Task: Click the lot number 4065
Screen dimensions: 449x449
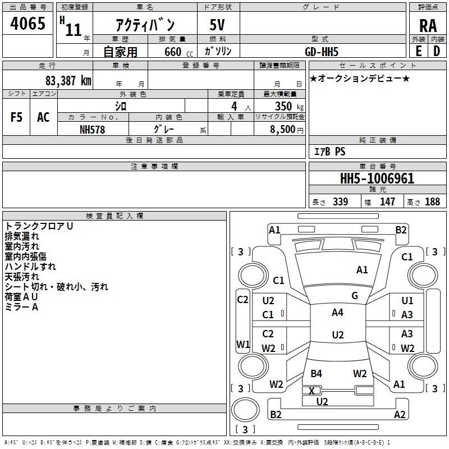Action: (28, 23)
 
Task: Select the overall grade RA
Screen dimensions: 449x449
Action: (428, 26)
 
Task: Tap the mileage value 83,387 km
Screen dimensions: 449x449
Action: (68, 81)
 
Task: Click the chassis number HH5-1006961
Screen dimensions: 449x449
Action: (377, 178)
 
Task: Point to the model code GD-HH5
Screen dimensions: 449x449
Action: (322, 52)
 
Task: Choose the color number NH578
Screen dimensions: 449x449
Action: (92, 130)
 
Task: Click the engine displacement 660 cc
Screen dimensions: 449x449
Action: (178, 52)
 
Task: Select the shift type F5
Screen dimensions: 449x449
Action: (16, 117)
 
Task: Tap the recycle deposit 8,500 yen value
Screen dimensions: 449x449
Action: (286, 130)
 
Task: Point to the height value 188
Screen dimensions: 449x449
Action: (432, 201)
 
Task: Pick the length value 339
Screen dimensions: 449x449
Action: (340, 201)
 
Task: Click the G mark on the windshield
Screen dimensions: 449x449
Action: (355, 296)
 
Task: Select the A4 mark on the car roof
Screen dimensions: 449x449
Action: (337, 313)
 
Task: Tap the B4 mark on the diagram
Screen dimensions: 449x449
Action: (316, 373)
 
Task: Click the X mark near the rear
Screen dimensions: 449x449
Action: (312, 391)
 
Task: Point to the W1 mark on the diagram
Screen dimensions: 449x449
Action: (243, 344)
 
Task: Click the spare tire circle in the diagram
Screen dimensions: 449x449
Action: (245, 410)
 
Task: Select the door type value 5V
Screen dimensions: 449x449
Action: (217, 25)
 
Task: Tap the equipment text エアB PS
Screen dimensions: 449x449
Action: (329, 151)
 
